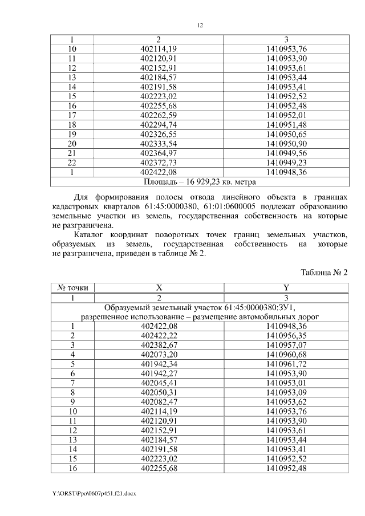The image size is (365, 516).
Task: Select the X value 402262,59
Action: pos(159,116)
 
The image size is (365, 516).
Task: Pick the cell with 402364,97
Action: pos(159,152)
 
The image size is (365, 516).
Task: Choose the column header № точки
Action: pos(73,288)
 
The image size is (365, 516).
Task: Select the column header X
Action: pos(159,288)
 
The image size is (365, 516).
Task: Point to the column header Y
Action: pos(286,288)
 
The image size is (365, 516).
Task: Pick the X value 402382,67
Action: pos(159,345)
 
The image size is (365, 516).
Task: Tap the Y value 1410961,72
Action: pos(286,363)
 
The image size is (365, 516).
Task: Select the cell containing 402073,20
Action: pos(159,354)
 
